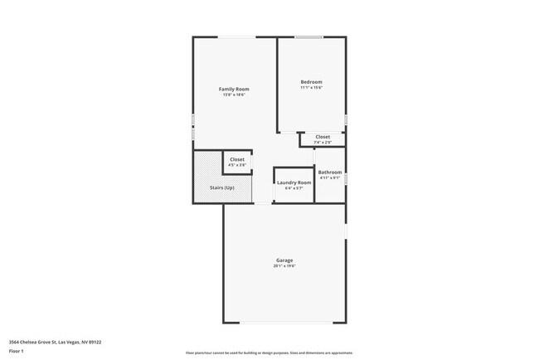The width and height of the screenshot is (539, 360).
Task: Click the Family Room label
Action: (234, 89)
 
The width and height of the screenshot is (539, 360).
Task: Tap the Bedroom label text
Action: (311, 81)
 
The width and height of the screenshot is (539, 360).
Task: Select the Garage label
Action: (284, 260)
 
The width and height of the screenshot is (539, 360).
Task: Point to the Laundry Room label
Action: (294, 182)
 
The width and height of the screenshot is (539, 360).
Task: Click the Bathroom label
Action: (330, 172)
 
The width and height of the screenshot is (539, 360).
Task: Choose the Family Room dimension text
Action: (234, 95)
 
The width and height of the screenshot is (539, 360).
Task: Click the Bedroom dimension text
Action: (311, 87)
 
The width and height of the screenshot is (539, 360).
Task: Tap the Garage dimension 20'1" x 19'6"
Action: (284, 266)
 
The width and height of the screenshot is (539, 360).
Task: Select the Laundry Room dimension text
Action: (294, 187)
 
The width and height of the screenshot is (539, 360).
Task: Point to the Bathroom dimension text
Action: (330, 178)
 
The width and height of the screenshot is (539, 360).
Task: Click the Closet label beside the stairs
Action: (237, 159)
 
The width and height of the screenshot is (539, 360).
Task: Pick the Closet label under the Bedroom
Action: (323, 137)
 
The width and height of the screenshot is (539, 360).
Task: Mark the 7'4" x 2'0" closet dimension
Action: (323, 143)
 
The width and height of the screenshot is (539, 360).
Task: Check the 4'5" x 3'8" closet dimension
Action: (237, 165)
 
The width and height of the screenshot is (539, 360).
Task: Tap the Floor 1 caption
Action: (17, 351)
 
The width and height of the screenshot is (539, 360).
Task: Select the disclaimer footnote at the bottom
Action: (269, 353)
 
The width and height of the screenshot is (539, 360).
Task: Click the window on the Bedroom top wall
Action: (309, 36)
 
